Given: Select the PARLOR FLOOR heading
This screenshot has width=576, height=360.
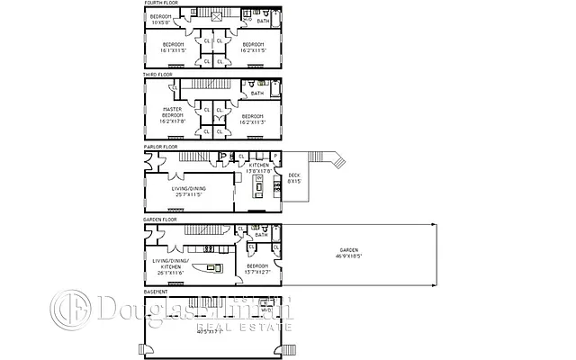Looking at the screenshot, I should (x=160, y=146).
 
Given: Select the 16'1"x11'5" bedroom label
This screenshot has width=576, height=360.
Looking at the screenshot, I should (x=175, y=47).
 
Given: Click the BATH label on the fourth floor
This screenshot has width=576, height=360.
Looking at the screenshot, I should (x=262, y=20).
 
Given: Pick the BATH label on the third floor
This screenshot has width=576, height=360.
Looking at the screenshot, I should (x=257, y=93).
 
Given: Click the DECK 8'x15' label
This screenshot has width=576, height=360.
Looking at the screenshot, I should (x=293, y=178).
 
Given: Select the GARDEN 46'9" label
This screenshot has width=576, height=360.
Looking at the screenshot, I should (x=348, y=253).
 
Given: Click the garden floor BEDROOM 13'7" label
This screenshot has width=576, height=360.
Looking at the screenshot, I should (x=255, y=269).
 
